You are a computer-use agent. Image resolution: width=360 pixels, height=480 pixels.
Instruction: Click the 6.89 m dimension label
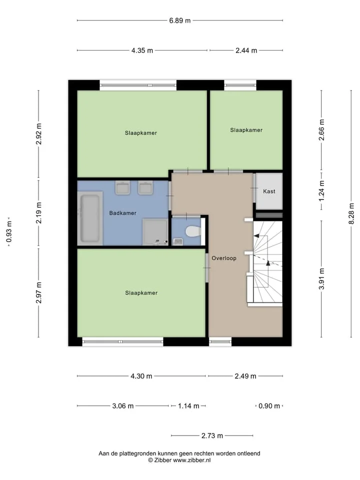(x=179, y=20)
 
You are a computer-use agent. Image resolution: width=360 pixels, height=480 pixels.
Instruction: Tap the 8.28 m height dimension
(x=351, y=213)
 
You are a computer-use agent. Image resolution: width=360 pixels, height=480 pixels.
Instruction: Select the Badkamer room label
(x=123, y=213)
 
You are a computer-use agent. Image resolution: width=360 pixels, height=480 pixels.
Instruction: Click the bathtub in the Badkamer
(x=90, y=218)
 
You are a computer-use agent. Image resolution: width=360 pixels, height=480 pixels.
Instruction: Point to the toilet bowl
(x=193, y=231)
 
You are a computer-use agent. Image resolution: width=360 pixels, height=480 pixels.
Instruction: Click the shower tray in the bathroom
(x=155, y=231)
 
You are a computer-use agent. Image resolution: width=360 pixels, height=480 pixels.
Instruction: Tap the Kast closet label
(x=269, y=191)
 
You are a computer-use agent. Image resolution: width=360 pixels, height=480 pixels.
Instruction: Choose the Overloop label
(x=224, y=258)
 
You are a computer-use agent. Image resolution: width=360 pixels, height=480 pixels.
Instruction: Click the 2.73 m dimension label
(x=212, y=435)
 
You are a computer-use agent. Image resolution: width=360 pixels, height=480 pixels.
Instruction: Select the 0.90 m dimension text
(x=269, y=406)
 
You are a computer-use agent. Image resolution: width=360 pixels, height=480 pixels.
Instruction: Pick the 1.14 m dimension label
(x=188, y=406)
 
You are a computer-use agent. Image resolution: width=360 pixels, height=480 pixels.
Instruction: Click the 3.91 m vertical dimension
(x=321, y=278)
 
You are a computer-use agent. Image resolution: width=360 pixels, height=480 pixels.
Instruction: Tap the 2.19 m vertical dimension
(x=39, y=213)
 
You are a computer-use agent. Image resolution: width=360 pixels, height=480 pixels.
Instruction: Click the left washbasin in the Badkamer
(x=123, y=187)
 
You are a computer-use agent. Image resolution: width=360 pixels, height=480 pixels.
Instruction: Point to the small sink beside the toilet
(x=178, y=242)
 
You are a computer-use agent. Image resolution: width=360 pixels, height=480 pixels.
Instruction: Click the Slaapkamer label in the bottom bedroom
(x=141, y=293)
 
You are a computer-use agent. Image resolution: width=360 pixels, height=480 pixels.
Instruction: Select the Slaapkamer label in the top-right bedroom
(x=246, y=130)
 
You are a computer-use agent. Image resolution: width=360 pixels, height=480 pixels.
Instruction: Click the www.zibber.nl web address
(x=192, y=460)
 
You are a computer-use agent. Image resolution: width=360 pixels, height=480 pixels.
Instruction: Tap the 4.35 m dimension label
(x=142, y=50)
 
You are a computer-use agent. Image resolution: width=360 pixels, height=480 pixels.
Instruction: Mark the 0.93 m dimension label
(x=9, y=231)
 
